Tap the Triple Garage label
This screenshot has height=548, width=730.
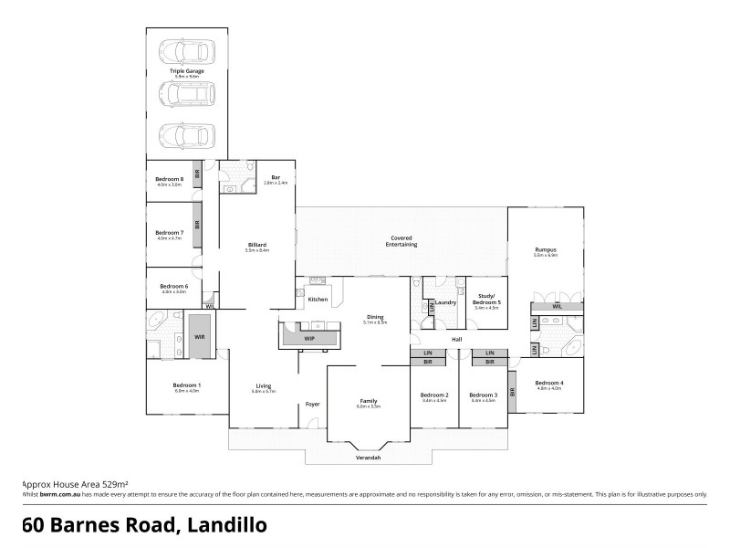point(186,70)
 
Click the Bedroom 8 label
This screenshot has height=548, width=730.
point(171,180)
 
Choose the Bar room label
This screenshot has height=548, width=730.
point(276,179)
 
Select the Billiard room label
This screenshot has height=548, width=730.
point(256,245)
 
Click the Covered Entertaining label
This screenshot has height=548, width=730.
point(401,243)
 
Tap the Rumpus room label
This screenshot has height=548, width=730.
point(545,250)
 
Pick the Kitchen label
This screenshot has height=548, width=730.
point(318,300)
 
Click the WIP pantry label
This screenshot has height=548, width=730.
point(309,338)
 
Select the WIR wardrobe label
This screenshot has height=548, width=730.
point(200,337)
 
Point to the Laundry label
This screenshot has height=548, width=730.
point(445,302)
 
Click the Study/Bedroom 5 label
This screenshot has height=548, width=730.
point(485,300)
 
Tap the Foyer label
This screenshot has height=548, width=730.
point(312,404)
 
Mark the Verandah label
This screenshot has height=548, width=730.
point(369,457)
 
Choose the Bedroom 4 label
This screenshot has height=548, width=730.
point(548,384)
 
